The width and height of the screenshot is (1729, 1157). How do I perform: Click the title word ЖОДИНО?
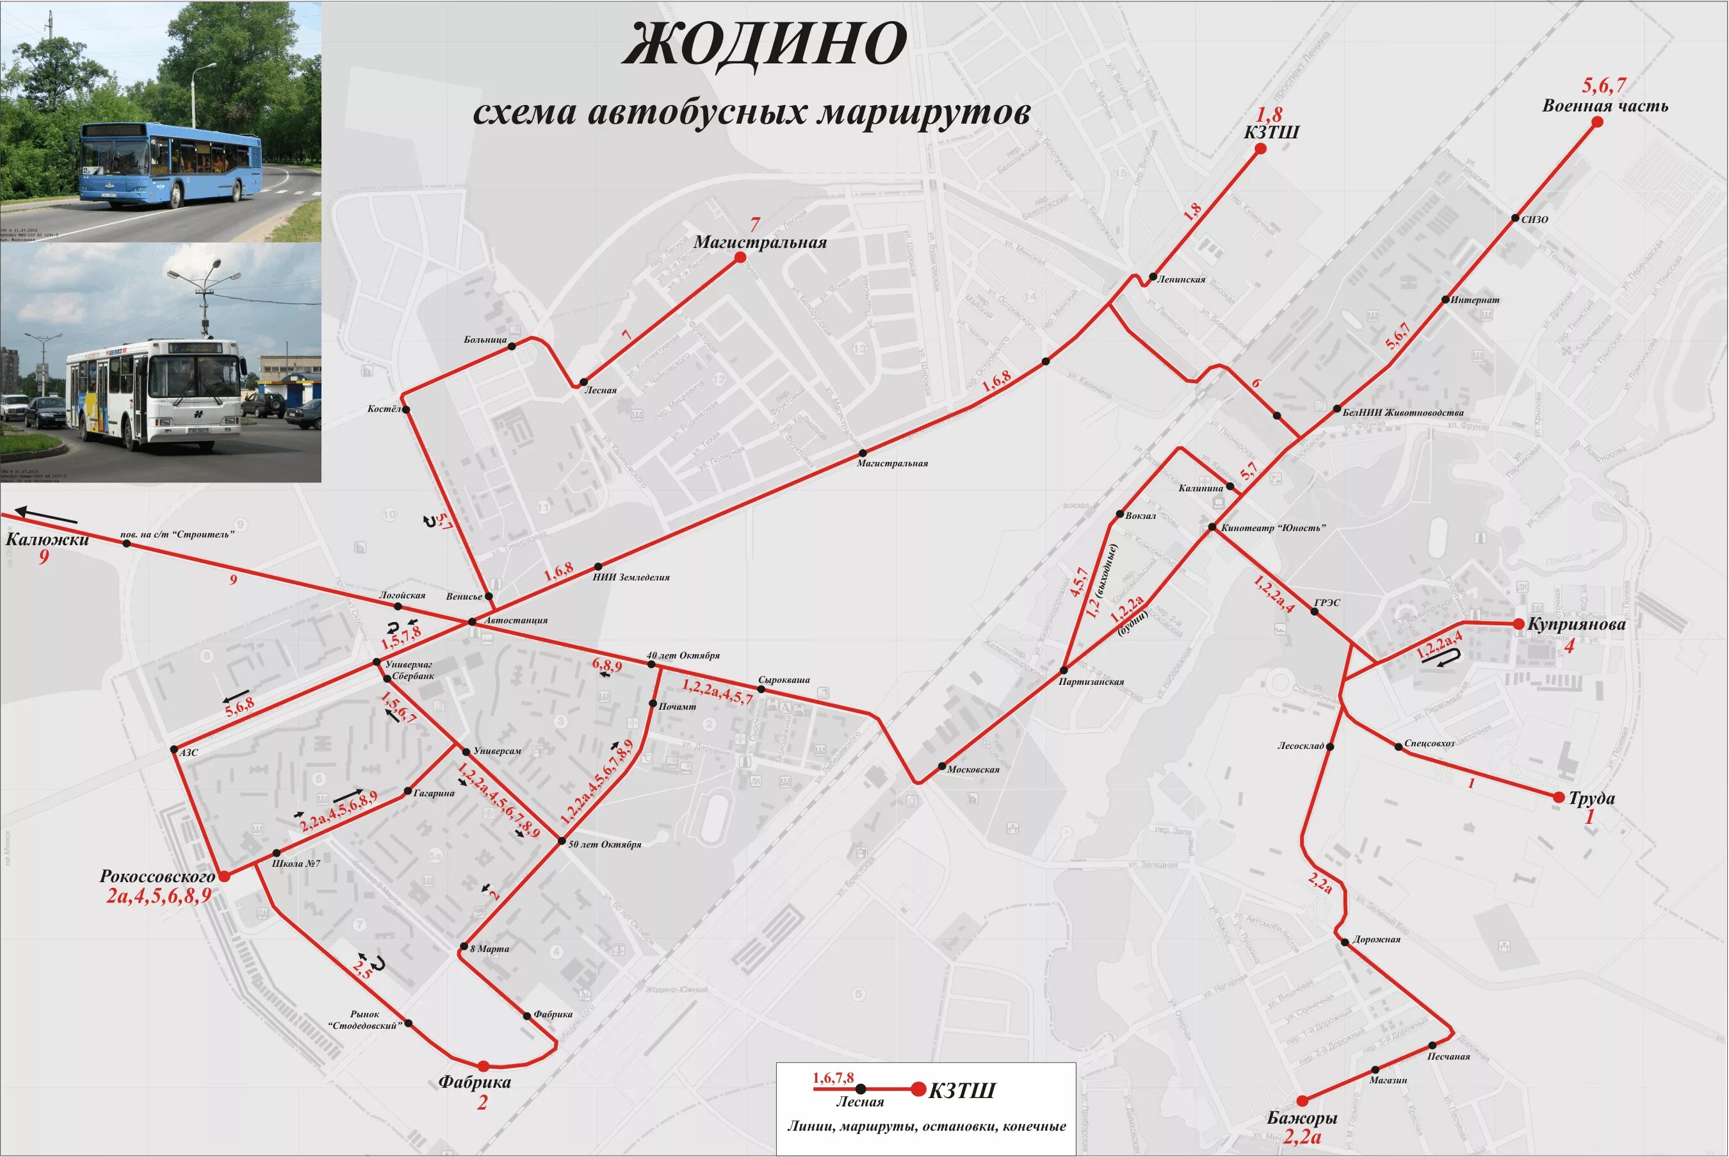pyautogui.click(x=764, y=44)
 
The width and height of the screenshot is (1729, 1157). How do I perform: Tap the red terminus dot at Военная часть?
pyautogui.click(x=1597, y=122)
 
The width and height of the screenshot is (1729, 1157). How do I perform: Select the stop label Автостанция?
pyautogui.click(x=515, y=621)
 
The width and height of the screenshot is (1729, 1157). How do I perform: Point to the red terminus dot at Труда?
pyautogui.click(x=1559, y=797)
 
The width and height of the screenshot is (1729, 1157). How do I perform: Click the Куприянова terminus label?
pyautogui.click(x=1577, y=624)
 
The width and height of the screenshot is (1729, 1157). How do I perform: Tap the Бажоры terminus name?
pyautogui.click(x=1302, y=1118)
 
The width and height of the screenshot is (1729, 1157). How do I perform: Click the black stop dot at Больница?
pyautogui.click(x=512, y=344)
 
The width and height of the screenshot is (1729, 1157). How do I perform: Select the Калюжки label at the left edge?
pyautogui.click(x=47, y=539)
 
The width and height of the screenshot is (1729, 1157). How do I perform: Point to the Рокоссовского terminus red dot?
pyautogui.click(x=224, y=876)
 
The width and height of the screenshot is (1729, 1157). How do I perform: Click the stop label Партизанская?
pyautogui.click(x=1091, y=682)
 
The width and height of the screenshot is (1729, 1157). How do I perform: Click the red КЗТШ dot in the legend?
pyautogui.click(x=918, y=1089)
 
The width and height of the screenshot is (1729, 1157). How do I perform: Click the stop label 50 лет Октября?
pyautogui.click(x=605, y=844)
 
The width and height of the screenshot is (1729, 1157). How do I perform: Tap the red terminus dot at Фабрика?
pyautogui.click(x=483, y=1065)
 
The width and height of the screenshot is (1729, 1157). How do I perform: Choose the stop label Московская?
pyautogui.click(x=973, y=769)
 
